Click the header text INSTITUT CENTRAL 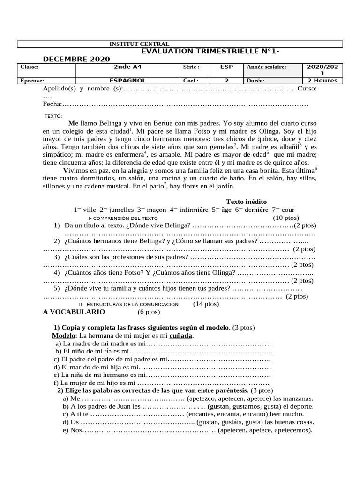[x=139, y=44]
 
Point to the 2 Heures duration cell [x=322, y=81]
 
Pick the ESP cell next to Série [x=226, y=67]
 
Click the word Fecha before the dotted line [x=52, y=104]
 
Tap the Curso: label [x=307, y=89]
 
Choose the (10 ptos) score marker [x=285, y=218]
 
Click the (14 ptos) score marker [x=206, y=304]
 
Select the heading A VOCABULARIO [x=74, y=312]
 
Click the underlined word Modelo [x=63, y=336]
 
